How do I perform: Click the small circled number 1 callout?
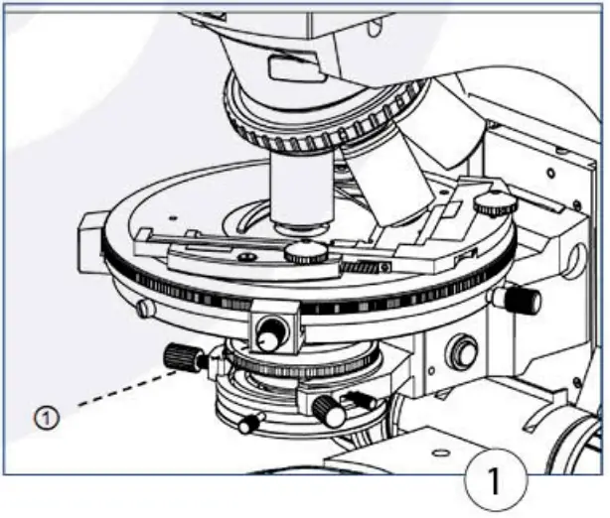[46, 418]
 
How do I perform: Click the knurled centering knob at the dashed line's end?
[182, 355]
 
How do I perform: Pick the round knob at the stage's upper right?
[494, 205]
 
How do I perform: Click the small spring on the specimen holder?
[359, 266]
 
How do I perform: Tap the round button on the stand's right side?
[462, 351]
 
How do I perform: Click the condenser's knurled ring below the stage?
[298, 366]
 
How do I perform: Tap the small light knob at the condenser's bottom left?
[247, 425]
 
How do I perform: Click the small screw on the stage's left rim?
[146, 308]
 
